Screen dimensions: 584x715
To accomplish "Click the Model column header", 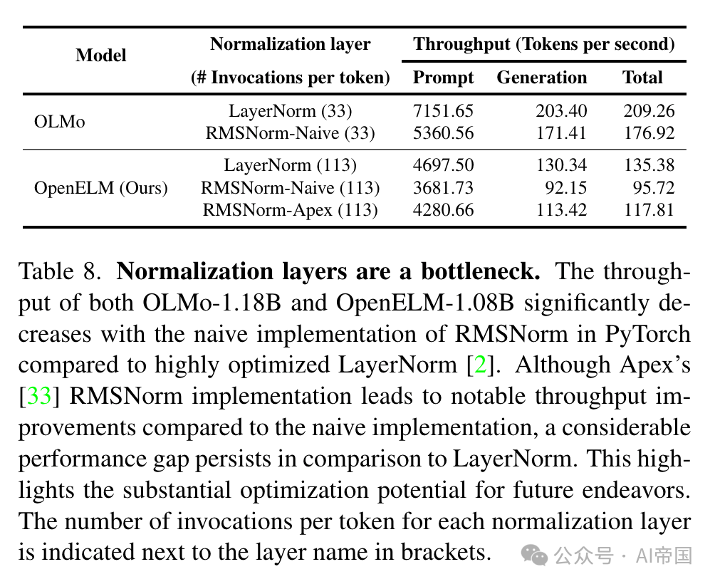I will point(101,56).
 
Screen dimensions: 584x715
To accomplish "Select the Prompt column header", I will point(443,78).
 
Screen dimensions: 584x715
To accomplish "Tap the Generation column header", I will point(542,78).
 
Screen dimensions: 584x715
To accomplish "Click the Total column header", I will point(642,78).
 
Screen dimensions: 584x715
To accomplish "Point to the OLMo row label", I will point(60,122).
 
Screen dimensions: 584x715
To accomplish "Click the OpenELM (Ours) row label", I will point(101,188).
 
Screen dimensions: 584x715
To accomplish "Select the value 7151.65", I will point(443,111).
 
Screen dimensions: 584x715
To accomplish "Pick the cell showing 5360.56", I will point(443,133).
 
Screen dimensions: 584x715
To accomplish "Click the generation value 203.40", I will point(561,111).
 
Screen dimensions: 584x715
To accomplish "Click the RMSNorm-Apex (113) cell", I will point(290,210).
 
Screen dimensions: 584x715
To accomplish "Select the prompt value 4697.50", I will point(443,166).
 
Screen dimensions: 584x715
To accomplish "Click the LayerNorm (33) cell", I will point(290,111).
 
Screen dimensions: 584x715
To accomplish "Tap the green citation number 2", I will point(481,365).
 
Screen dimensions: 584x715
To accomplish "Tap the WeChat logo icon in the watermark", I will point(534,554).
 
